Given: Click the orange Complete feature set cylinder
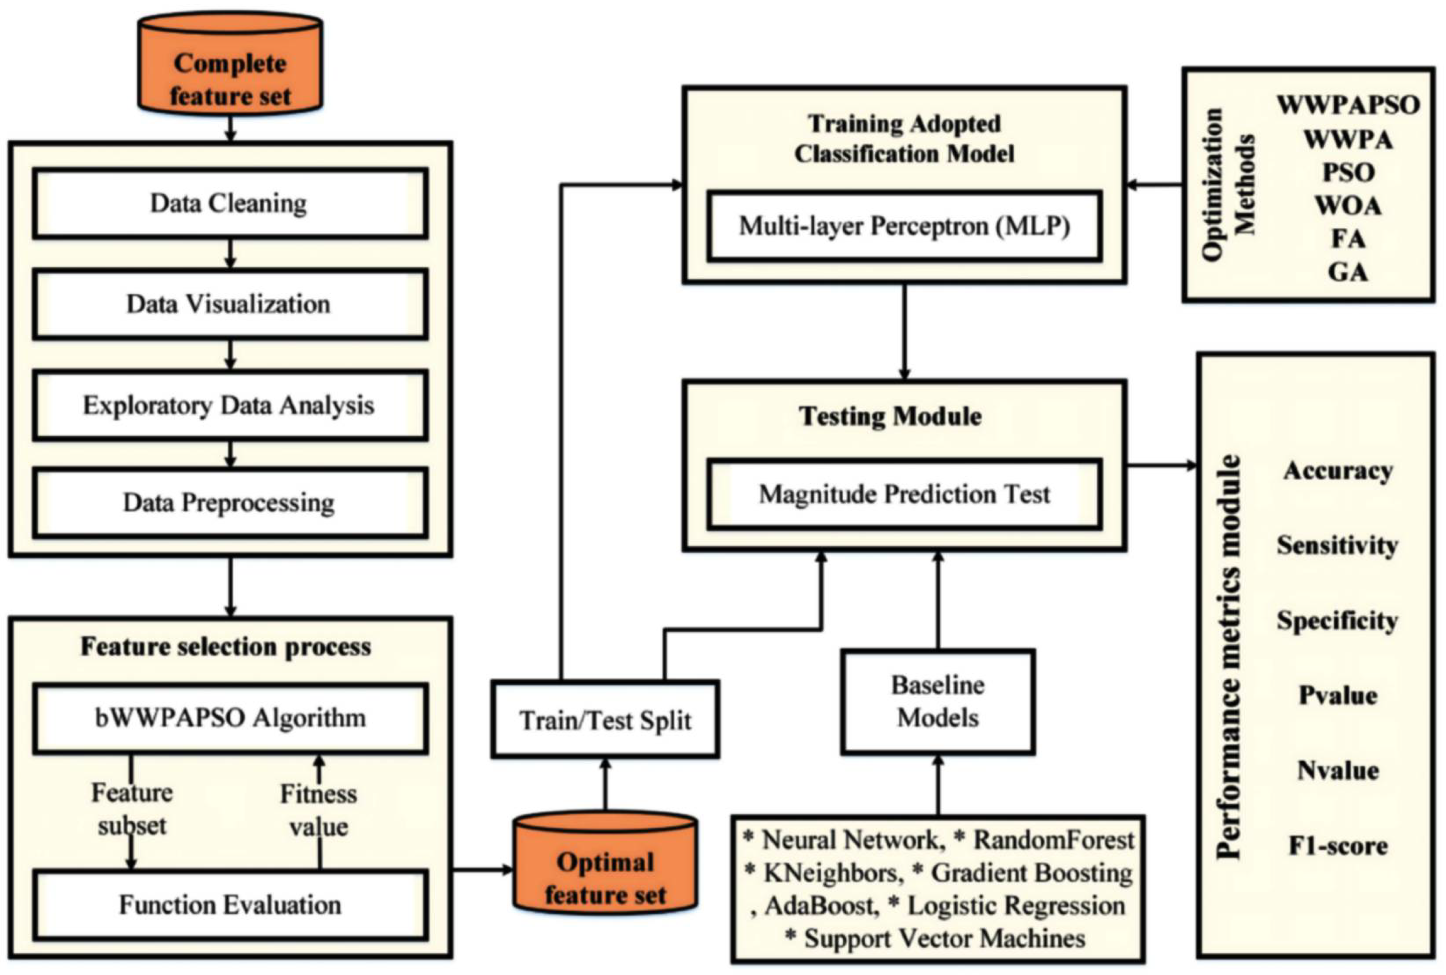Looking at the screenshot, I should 230,69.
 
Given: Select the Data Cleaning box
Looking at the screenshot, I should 230,204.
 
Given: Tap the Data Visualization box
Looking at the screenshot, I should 230,304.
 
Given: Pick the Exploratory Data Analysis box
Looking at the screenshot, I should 230,406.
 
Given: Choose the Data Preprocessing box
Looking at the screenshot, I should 230,502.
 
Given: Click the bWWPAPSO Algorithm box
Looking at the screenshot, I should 230,718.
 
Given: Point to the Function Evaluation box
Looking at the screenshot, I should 230,905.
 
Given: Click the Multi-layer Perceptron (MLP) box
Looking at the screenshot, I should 904,226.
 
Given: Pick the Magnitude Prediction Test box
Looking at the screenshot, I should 904,494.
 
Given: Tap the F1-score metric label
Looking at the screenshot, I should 1337,846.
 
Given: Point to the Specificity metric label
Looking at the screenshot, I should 1337,620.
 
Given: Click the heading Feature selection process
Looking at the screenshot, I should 225,647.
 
